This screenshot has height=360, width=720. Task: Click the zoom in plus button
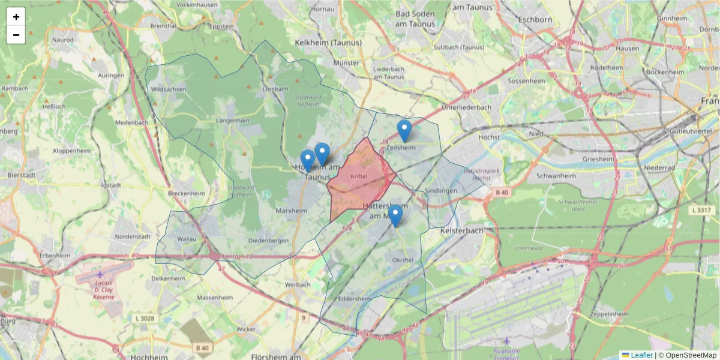(x=16, y=17)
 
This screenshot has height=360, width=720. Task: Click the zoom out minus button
(x=16, y=35)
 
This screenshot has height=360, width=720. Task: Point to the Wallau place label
(x=187, y=239)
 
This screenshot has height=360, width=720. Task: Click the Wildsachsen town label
(x=169, y=89)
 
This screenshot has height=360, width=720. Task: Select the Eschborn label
(x=534, y=19)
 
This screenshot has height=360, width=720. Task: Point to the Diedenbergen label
(x=268, y=241)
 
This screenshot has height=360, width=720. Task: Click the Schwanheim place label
(x=556, y=176)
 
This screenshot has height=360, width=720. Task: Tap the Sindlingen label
(x=441, y=191)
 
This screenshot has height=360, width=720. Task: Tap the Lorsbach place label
(x=275, y=89)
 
